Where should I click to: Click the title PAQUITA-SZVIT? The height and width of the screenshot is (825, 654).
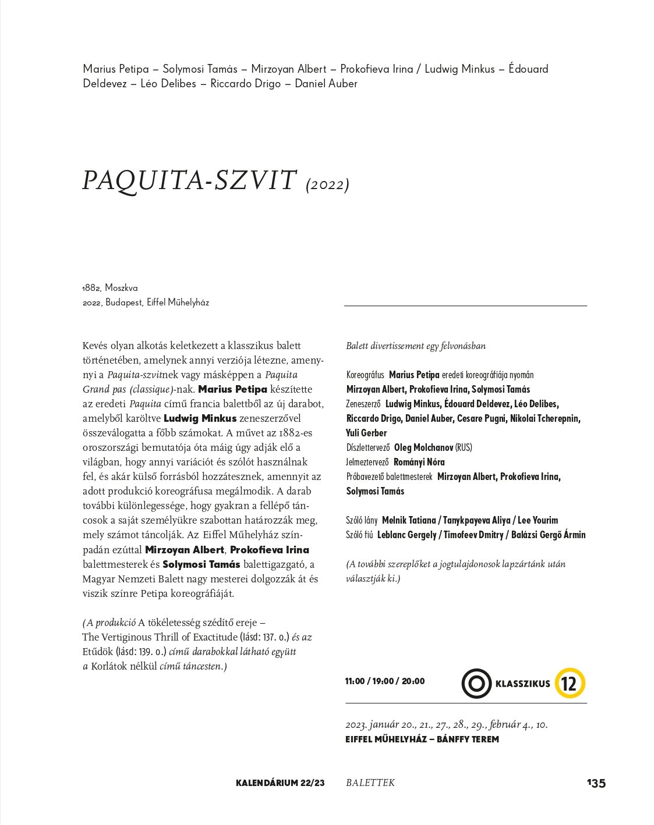point(189,181)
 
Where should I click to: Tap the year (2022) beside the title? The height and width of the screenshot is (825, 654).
point(327,185)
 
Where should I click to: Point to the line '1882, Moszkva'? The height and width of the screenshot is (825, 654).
point(110,288)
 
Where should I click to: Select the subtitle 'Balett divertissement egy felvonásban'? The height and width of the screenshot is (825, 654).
point(416,346)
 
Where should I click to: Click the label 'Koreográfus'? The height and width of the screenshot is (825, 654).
point(365,375)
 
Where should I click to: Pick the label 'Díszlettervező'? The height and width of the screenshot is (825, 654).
point(367,448)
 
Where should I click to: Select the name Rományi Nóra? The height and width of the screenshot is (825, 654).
point(419,463)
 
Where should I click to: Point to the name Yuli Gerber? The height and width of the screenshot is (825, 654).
point(366,433)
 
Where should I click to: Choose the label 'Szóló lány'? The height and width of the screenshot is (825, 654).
point(362,521)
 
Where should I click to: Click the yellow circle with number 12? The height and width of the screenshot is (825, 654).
point(570,683)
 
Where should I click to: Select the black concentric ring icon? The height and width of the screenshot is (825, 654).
point(476,683)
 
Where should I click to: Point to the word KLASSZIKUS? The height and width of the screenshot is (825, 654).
point(522,684)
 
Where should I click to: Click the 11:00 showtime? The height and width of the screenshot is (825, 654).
point(355,681)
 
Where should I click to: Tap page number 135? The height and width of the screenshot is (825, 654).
point(596,783)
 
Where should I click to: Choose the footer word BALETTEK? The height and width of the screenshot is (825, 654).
point(370,783)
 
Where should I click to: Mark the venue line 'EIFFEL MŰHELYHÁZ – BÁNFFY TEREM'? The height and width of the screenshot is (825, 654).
point(422,739)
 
